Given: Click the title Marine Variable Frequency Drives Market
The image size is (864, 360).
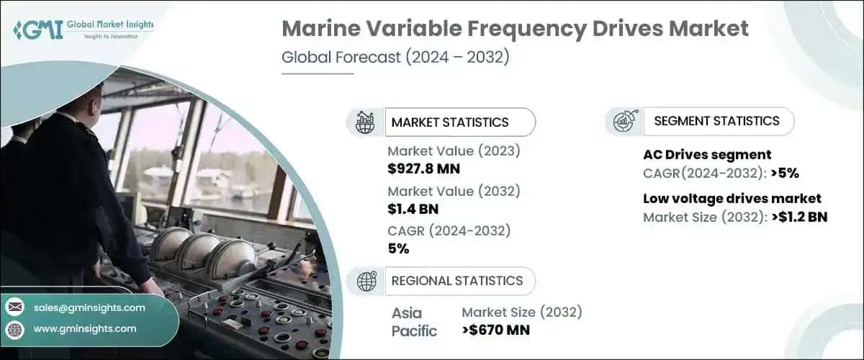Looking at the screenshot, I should click(515, 30).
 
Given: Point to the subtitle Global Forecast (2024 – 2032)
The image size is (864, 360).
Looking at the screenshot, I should click(395, 57).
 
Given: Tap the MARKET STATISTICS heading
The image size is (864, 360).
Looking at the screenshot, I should click(449, 122).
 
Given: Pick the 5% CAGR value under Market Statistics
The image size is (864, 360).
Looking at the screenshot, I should click(398, 249).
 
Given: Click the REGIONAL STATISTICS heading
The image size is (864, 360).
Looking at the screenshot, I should click(456, 281).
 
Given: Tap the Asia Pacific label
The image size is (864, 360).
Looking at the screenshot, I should click(414, 322).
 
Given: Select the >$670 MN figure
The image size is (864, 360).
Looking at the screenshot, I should click(496, 330).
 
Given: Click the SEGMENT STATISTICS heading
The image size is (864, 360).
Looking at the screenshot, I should click(716, 121).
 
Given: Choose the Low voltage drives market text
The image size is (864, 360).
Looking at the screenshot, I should click(732, 198).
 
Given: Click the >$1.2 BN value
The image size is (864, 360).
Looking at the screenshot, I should click(796, 217).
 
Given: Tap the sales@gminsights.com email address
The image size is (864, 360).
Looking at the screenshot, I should click(89, 307).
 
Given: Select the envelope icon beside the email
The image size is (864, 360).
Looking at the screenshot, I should click(14, 307).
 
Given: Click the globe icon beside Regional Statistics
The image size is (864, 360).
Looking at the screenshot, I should click(366, 281).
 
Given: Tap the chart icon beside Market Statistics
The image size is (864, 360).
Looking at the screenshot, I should click(366, 122).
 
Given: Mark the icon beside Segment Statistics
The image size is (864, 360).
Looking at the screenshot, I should click(623, 121).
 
